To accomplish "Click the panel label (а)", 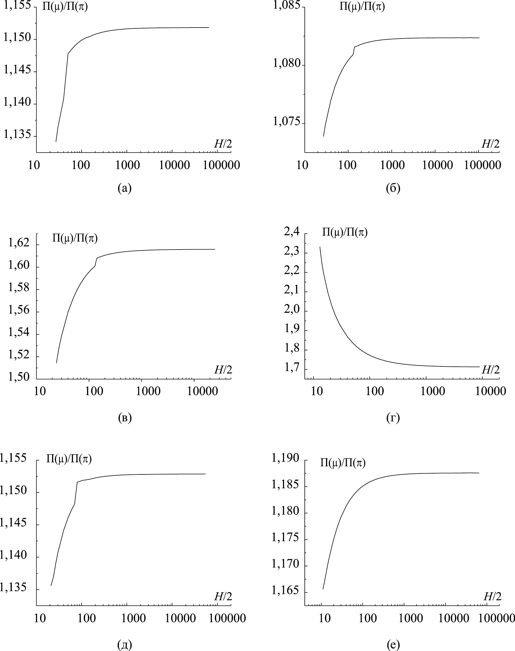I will point(125,188).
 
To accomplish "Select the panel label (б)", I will point(393,188).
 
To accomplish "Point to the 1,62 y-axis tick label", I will point(19,243).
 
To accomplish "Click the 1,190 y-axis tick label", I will point(285,458).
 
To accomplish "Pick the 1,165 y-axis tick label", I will point(285,590).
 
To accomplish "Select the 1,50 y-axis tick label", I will point(19,377).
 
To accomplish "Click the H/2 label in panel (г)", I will point(491,370).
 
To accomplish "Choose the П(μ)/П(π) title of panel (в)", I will point(75,238).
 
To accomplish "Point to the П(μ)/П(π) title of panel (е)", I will point(343,463).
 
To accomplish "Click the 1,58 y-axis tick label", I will point(19,287).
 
